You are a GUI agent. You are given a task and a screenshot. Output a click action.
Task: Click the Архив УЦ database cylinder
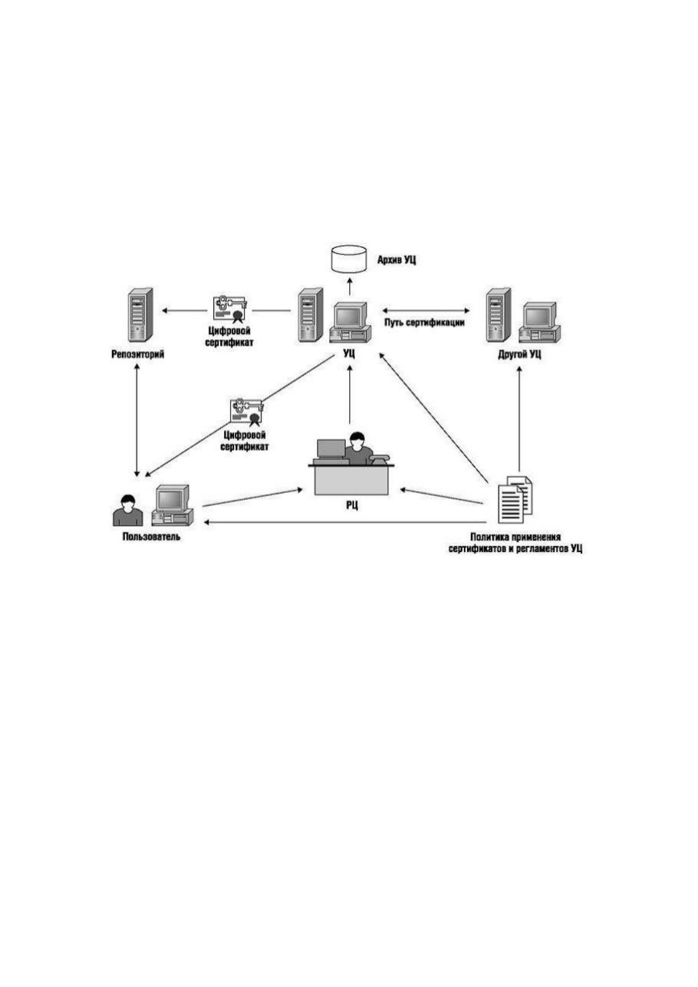348,258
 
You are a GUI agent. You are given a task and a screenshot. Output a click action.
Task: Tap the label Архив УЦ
397,260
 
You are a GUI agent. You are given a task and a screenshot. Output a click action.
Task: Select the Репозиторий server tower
140,315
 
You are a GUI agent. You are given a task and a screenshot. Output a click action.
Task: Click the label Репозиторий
138,354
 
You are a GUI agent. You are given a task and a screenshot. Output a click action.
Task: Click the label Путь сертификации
424,322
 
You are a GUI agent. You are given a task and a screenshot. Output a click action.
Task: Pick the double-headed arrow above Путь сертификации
425,311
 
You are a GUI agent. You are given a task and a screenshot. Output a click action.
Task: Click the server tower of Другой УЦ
498,315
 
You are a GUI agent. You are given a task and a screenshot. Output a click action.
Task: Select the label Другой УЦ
520,354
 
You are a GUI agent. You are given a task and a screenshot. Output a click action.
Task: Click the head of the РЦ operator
356,440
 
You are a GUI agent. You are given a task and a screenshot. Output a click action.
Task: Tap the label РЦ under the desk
351,505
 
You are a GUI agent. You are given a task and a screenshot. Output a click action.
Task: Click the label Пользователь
151,537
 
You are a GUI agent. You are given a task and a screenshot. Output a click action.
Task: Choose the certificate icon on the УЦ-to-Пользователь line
247,413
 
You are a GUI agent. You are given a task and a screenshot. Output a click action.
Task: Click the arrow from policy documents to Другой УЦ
519,418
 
